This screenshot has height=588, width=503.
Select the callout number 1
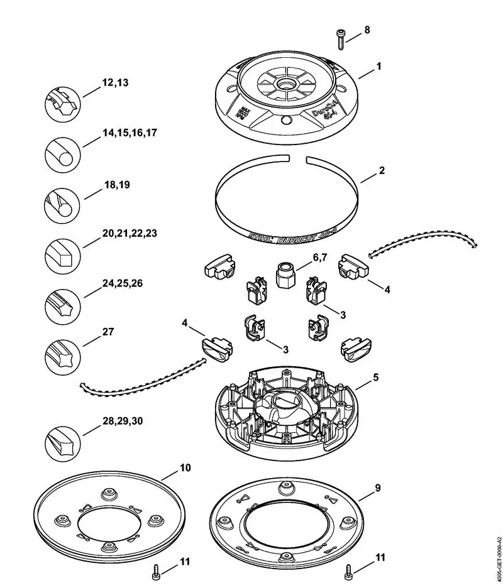[378, 65]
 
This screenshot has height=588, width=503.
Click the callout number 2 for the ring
[381, 170]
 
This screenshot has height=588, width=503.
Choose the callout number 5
[375, 378]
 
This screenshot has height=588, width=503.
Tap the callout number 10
[185, 468]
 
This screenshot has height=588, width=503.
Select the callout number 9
[377, 487]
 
